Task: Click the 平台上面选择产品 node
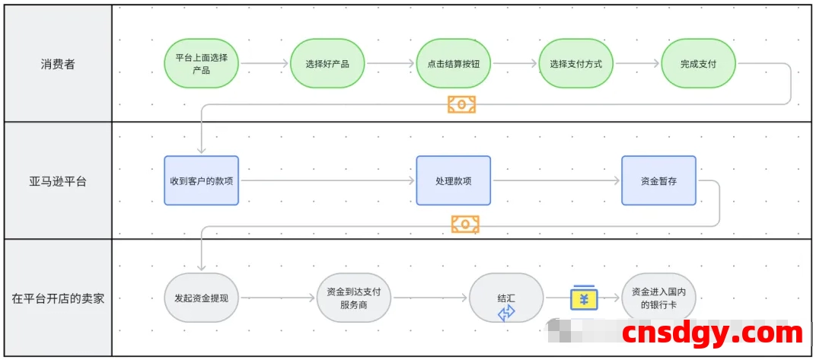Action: tap(202, 64)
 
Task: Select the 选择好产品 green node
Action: tap(327, 64)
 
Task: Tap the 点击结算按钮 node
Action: tap(453, 64)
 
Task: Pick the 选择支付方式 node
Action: tap(575, 64)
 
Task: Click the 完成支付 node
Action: tap(698, 64)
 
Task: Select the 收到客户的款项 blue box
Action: tap(201, 180)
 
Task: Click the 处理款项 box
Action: tap(453, 180)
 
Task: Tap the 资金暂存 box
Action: tap(658, 180)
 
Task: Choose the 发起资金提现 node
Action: tap(202, 298)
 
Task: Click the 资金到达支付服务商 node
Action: tap(353, 298)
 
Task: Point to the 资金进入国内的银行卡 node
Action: tap(658, 298)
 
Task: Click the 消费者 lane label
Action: tap(58, 64)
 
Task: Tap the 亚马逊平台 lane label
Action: tap(58, 181)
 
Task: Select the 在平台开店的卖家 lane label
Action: tap(58, 298)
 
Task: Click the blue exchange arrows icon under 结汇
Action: tap(506, 313)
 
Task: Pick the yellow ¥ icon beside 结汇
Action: tap(584, 298)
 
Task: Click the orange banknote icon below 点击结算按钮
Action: tap(461, 104)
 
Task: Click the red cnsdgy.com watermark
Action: tap(712, 333)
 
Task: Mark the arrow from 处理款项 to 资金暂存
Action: tap(556, 180)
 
